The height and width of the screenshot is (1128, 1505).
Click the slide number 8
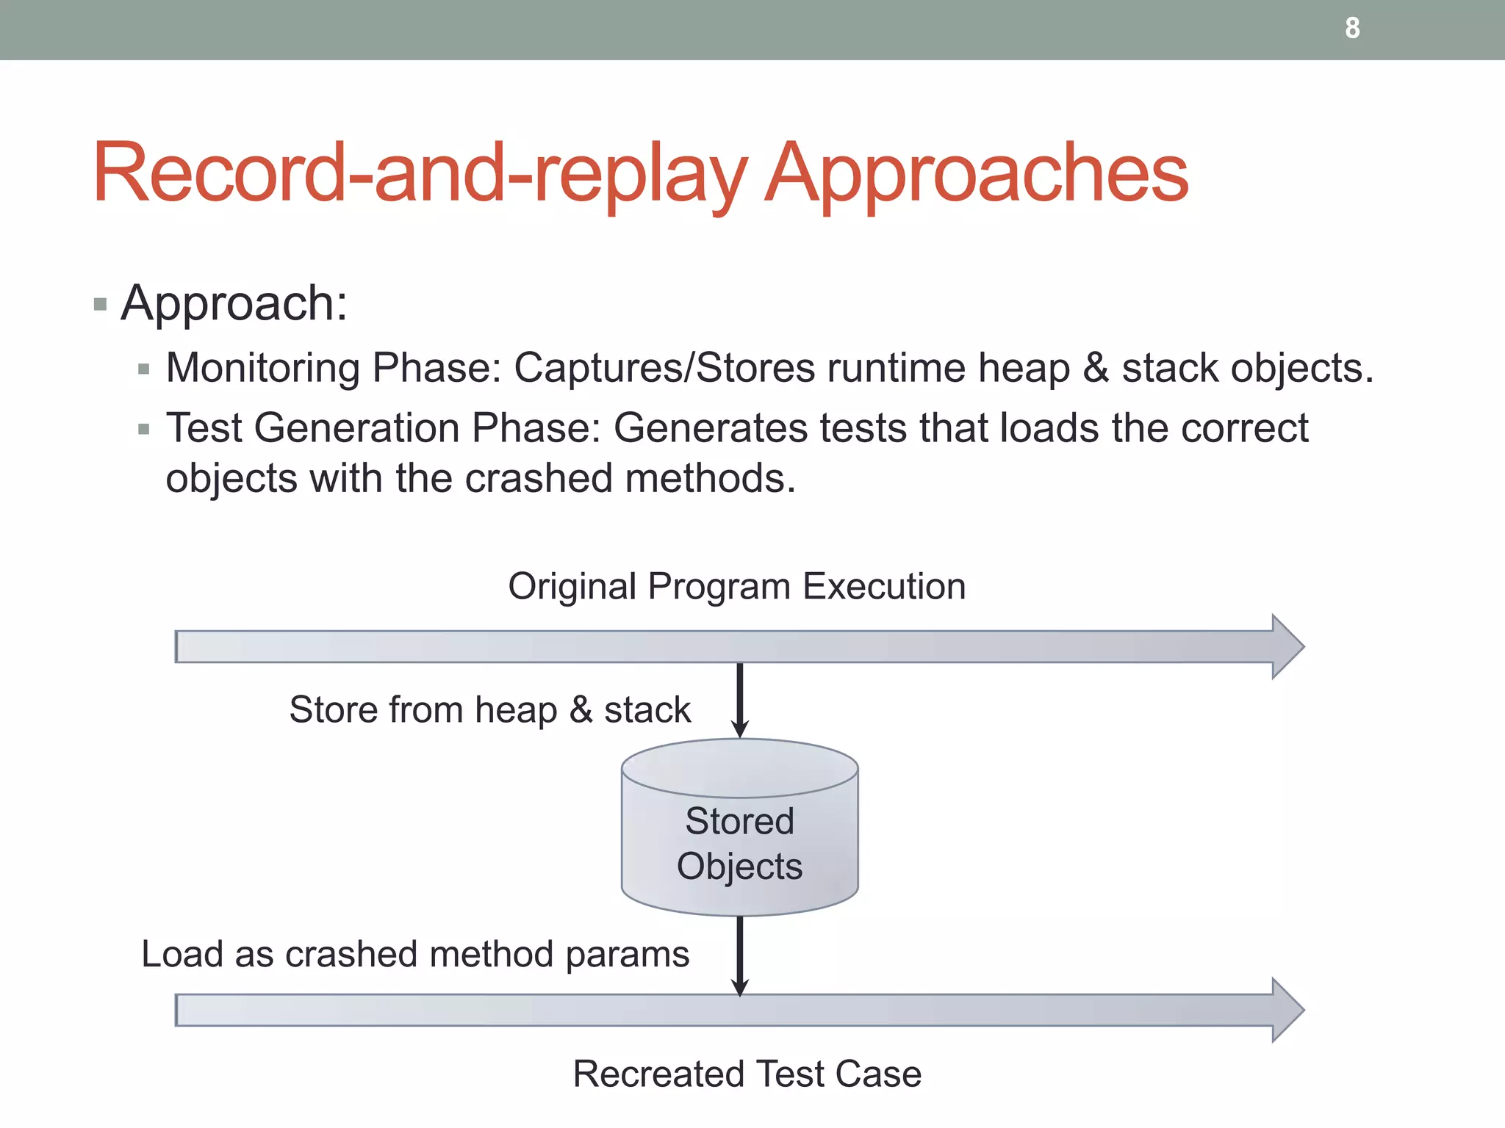tap(1352, 29)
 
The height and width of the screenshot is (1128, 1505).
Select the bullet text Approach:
tap(234, 303)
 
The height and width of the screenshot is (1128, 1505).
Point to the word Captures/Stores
tap(664, 367)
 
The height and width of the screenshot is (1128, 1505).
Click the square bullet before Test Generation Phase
tap(144, 429)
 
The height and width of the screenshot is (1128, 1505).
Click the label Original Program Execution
tap(736, 587)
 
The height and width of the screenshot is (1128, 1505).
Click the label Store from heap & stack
tap(489, 710)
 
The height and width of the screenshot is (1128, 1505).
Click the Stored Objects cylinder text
tap(739, 843)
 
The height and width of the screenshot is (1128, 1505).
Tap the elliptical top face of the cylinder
tap(739, 767)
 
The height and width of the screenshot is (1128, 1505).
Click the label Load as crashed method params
tap(415, 955)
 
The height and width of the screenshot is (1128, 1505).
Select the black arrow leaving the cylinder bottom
tap(740, 955)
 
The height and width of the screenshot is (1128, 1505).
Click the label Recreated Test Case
tap(747, 1074)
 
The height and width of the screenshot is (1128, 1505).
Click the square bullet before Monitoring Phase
tap(144, 369)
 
